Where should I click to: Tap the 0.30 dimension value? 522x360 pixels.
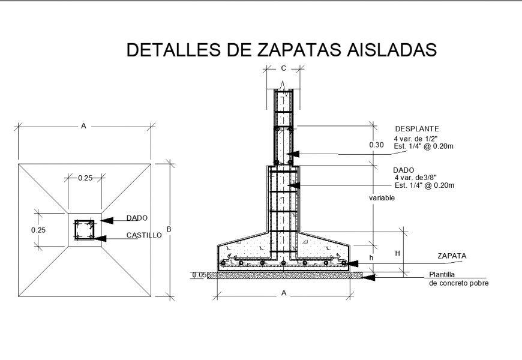[376, 145]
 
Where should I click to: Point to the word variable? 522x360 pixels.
[382, 197]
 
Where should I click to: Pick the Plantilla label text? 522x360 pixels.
[443, 275]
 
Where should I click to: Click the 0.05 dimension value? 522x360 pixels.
[199, 275]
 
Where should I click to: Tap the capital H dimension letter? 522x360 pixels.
[397, 254]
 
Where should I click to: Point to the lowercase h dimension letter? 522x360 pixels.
[371, 257]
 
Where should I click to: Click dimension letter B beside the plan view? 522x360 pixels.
[169, 229]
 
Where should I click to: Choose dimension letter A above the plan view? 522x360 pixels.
[83, 126]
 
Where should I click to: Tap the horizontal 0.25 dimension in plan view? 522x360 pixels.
[85, 177]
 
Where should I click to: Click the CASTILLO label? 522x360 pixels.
[144, 236]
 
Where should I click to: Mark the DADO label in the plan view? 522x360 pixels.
[137, 218]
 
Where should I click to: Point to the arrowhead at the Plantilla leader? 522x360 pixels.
[369, 277]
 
